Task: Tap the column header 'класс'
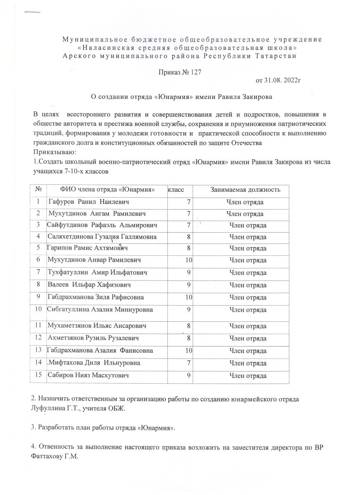point(175,190)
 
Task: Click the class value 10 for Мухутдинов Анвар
point(189,260)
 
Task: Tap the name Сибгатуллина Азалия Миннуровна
point(100,309)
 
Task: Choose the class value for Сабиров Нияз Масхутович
point(188,376)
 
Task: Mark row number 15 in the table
point(39,376)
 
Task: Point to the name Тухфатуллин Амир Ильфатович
point(97,273)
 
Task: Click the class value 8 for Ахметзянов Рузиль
point(189,338)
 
